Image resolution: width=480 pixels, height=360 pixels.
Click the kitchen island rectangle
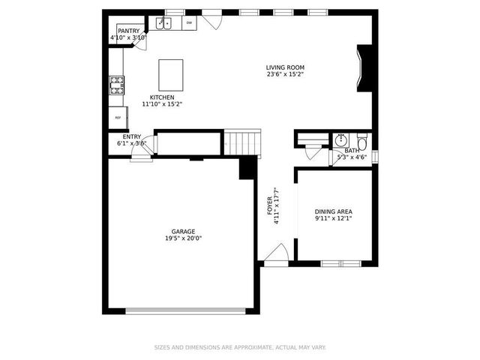click(x=171, y=75)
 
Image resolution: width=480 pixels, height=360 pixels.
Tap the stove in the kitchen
click(x=116, y=85)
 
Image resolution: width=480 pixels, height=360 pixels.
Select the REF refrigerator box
click(x=117, y=118)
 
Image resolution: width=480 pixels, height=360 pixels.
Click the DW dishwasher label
click(x=189, y=23)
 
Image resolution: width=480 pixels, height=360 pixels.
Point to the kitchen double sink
click(x=164, y=23)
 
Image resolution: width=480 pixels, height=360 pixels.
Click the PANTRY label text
click(x=127, y=31)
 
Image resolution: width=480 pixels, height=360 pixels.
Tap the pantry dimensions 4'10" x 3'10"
click(x=127, y=37)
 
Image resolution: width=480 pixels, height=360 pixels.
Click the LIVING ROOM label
click(x=285, y=67)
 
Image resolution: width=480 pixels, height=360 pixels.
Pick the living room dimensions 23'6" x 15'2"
click(x=285, y=74)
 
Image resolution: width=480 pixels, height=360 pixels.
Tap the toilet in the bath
click(x=361, y=142)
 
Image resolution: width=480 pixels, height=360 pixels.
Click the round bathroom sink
click(x=341, y=140)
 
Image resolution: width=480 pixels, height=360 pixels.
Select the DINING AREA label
click(x=334, y=211)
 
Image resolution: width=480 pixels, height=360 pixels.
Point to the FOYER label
click(x=270, y=206)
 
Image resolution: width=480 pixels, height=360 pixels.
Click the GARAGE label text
click(x=184, y=232)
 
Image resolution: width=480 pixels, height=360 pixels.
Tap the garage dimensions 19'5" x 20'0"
click(x=184, y=238)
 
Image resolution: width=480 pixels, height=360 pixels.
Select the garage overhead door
click(x=185, y=310)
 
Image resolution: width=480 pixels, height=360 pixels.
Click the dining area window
click(x=341, y=263)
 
